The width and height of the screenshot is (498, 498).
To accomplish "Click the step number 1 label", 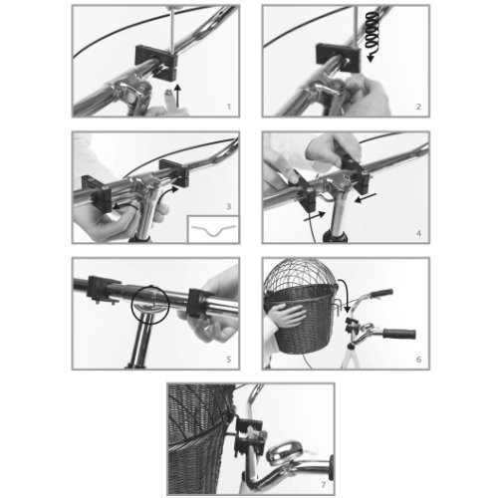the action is pos(228,107).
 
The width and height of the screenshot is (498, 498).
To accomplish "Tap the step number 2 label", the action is pos(418,107).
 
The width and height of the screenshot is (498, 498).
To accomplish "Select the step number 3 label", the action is pos(228,206).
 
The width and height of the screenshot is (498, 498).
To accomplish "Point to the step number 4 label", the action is pos(418,233).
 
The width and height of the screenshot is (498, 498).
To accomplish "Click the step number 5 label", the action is pos(228,360).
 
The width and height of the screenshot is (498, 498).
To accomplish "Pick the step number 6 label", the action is pos(418,360).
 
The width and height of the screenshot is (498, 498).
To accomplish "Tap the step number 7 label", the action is pos(324,485).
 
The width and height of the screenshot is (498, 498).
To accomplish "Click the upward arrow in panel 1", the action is pos(178,96).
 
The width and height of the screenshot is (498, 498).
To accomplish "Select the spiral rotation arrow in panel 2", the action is pos(373,37).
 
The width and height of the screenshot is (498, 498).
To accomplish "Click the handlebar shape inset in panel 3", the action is pos(213,230).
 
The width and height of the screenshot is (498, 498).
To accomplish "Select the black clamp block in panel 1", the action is pos(156,62).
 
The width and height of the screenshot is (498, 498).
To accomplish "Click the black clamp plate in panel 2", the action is pos(338,57).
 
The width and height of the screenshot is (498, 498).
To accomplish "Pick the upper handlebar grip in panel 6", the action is pos(381,293).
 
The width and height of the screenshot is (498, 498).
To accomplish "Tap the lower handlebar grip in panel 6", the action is pos(399,334).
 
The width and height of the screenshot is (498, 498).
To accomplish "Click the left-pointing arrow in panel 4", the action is pos(366,198).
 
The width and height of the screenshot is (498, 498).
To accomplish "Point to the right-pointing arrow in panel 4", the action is pos(315,216).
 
